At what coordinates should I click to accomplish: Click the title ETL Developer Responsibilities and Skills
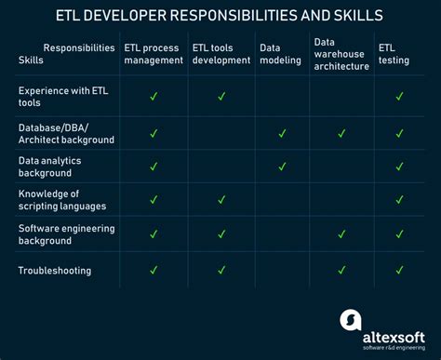coord(220,16)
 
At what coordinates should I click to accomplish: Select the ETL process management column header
coord(154,53)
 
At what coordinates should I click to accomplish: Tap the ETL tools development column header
coord(221,53)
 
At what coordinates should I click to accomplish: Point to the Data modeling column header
coord(282,53)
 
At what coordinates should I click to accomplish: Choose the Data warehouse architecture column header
coord(341,53)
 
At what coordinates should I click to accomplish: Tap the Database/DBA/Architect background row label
coord(66,133)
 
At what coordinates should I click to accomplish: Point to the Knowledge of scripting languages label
coord(62,199)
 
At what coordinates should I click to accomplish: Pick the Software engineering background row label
coord(66,233)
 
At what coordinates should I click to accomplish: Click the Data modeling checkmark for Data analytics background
coord(282,167)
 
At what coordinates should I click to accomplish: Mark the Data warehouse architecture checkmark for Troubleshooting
coord(341,270)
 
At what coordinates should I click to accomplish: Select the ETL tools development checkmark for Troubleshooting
coord(221,270)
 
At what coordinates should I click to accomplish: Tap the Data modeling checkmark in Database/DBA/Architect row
coord(282,133)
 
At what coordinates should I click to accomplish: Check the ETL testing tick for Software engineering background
coord(399,233)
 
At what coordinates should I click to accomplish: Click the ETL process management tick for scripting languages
coord(154,199)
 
